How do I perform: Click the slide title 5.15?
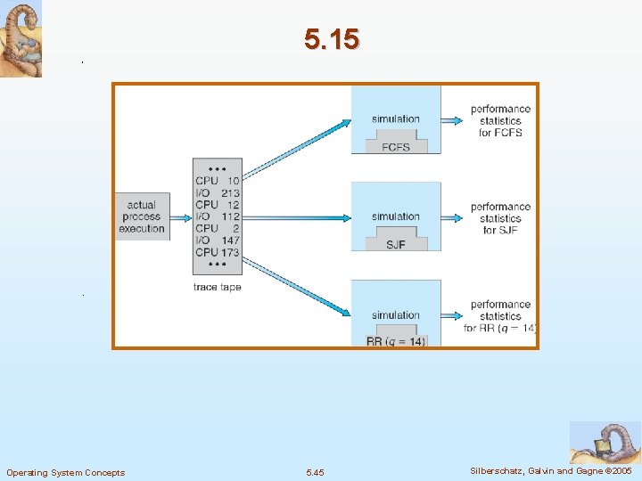click(331, 39)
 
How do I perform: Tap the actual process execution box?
click(142, 216)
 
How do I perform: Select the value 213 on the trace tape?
click(230, 192)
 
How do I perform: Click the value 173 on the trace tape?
click(230, 253)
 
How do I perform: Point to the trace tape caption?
click(217, 287)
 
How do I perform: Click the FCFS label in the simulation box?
click(395, 147)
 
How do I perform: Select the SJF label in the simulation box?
click(395, 244)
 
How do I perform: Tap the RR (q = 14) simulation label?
click(395, 341)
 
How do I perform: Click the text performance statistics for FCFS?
click(500, 121)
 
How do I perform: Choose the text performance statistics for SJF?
click(500, 218)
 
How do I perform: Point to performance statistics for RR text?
click(500, 316)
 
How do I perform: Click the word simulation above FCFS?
click(395, 119)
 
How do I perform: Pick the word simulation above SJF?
click(395, 216)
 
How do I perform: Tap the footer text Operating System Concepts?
click(65, 472)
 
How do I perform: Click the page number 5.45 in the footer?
click(315, 472)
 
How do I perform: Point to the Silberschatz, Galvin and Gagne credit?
click(551, 470)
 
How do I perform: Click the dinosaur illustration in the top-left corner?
click(21, 39)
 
